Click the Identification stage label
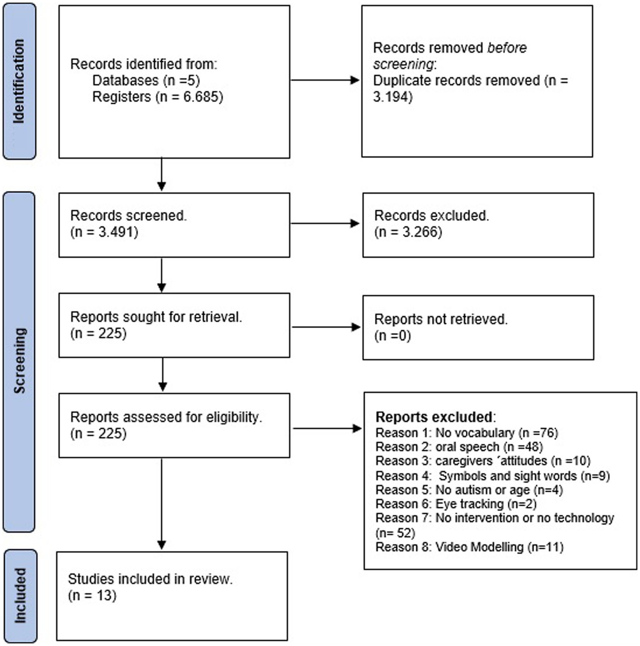pos(19,81)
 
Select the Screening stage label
pos(19,361)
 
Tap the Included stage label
pos(20,595)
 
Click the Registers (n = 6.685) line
pos(157,97)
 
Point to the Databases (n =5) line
pos(146,81)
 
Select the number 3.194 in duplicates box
pos(393,97)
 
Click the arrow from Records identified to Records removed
pos(325,81)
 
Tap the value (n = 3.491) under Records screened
pos(104,232)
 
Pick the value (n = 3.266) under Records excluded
pos(408,232)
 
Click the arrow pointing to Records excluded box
pos(325,224)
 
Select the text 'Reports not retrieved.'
pos(441,319)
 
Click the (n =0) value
pos(393,336)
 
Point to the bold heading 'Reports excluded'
pos(434,417)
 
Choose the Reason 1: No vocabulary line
pos(467,433)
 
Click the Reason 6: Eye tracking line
pos(456,504)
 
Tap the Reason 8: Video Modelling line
pos(469,547)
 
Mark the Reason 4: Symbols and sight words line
pos(492,475)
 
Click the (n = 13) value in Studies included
pos(92,595)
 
